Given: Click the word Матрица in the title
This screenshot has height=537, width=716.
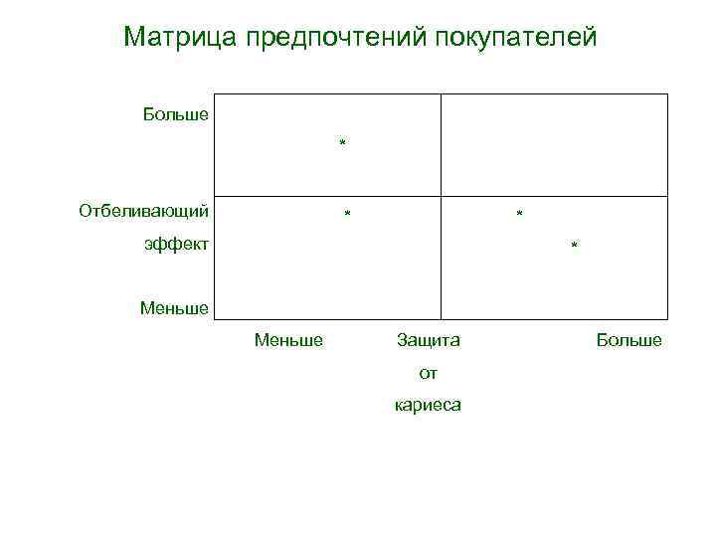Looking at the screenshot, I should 178,38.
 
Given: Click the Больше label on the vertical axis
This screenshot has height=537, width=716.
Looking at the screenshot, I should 176,113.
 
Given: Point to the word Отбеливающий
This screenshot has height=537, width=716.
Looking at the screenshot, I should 144,211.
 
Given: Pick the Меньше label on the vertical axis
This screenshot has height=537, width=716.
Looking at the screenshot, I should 174,308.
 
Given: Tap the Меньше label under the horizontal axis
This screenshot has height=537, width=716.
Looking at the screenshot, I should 288,340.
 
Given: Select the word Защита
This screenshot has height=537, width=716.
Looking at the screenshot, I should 429,340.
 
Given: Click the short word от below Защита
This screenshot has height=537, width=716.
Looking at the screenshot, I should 429,373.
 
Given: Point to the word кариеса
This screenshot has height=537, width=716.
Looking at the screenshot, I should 429,406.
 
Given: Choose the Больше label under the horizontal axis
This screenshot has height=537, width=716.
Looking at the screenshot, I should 628,340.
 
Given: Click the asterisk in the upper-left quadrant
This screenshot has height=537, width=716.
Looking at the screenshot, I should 342,145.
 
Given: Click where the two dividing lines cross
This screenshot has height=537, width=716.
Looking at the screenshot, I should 442,196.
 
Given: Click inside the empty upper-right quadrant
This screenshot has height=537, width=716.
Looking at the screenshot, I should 554,144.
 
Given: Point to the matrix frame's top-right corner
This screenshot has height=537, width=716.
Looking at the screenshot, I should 668,94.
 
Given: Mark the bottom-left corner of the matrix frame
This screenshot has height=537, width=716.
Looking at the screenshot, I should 215,319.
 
